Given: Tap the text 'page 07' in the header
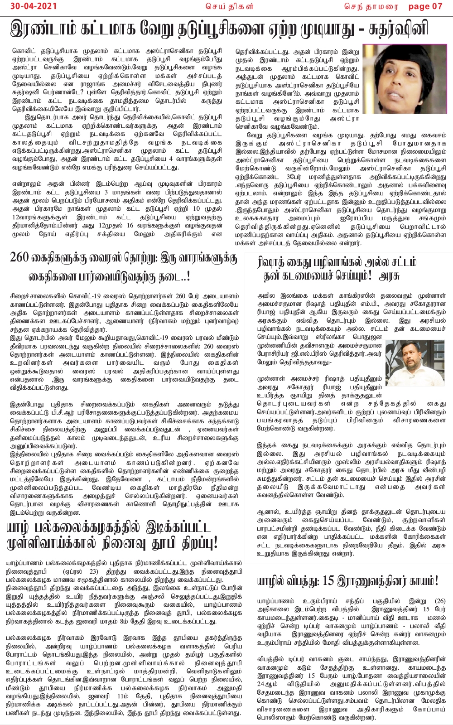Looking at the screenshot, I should (425, 6).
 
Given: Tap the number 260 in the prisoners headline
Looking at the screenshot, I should (19, 258).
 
